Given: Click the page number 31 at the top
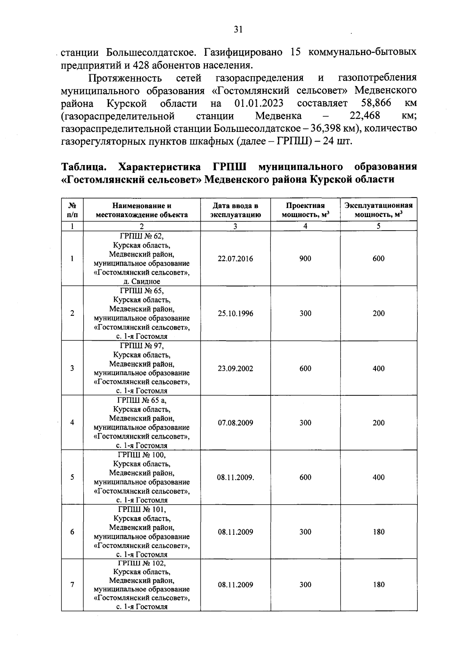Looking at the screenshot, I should click(238, 29).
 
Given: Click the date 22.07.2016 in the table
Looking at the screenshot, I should click(235, 259).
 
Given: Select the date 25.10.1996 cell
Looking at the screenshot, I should click(235, 314).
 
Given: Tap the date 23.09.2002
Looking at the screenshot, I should click(235, 369).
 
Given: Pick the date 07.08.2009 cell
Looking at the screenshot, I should click(235, 423).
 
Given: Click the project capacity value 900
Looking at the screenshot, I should click(305, 259).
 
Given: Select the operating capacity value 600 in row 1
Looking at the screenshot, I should click(379, 259).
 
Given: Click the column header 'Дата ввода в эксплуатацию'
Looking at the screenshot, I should click(235, 210).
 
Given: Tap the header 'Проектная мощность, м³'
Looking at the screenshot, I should click(305, 210).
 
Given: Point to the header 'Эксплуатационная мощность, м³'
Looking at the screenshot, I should click(379, 210).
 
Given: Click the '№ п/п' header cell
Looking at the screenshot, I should click(72, 210).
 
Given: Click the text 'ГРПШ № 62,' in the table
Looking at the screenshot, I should click(142, 236).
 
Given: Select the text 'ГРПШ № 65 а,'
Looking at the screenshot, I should click(142, 400).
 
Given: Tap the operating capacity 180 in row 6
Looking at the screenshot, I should click(379, 532).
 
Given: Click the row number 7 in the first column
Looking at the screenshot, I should click(72, 585).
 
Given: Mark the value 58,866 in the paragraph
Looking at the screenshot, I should click(376, 103).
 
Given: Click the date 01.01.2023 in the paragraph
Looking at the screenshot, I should click(259, 103).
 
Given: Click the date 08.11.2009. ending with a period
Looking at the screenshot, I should click(235, 478).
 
